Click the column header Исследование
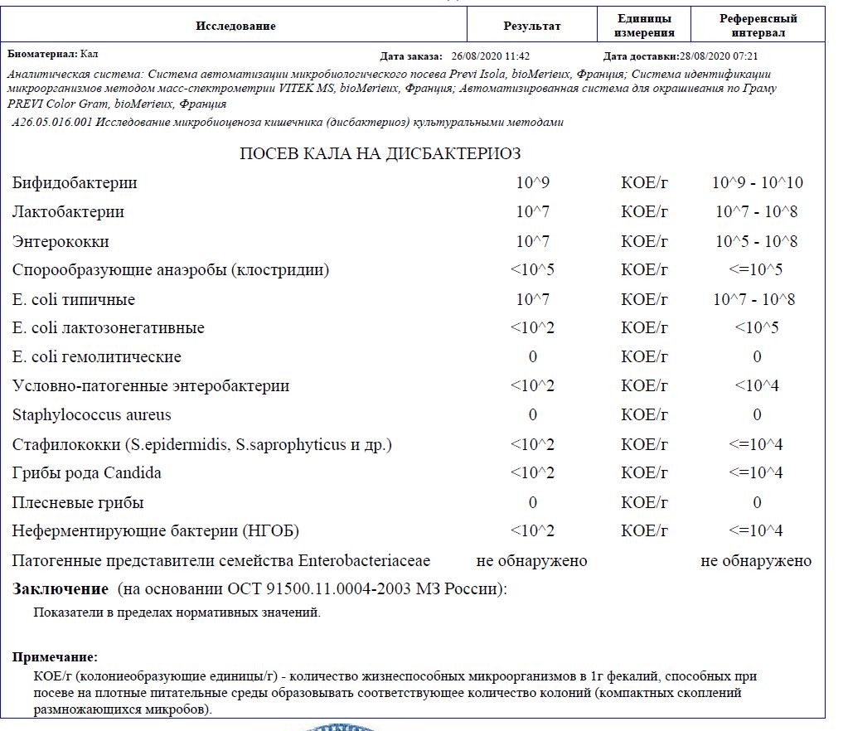pyautogui.click(x=235, y=26)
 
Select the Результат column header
pyautogui.click(x=532, y=26)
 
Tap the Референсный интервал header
pyautogui.click(x=758, y=26)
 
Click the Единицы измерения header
pyautogui.click(x=644, y=26)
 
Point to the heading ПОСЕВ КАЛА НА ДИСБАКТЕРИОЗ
pyautogui.click(x=380, y=154)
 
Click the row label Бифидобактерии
pyautogui.click(x=75, y=183)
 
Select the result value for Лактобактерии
pyautogui.click(x=532, y=212)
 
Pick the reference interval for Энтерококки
pyautogui.click(x=757, y=242)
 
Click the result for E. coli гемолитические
pyautogui.click(x=532, y=357)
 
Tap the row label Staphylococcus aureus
pyautogui.click(x=92, y=415)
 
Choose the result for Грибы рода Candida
pyautogui.click(x=532, y=473)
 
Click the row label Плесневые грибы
pyautogui.click(x=78, y=503)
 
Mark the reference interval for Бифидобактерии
pyautogui.click(x=757, y=183)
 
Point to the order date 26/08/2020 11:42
pyautogui.click(x=491, y=56)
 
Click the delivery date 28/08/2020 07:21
pyautogui.click(x=719, y=56)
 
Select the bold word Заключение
pyautogui.click(x=61, y=589)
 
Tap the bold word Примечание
pyautogui.click(x=55, y=657)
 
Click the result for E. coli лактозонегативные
pyautogui.click(x=532, y=328)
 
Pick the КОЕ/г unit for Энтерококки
pyautogui.click(x=644, y=242)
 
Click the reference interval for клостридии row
pyautogui.click(x=757, y=270)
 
